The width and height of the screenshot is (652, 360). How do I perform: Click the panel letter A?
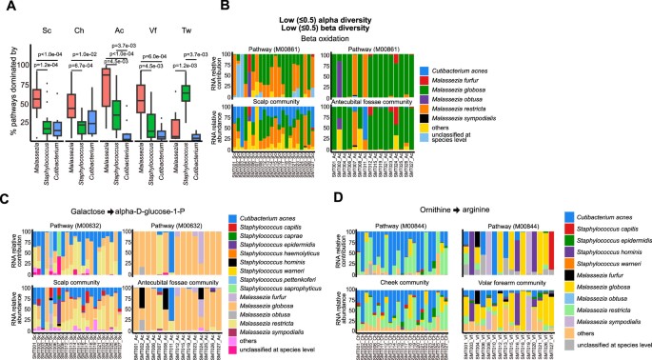(x=6, y=6)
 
